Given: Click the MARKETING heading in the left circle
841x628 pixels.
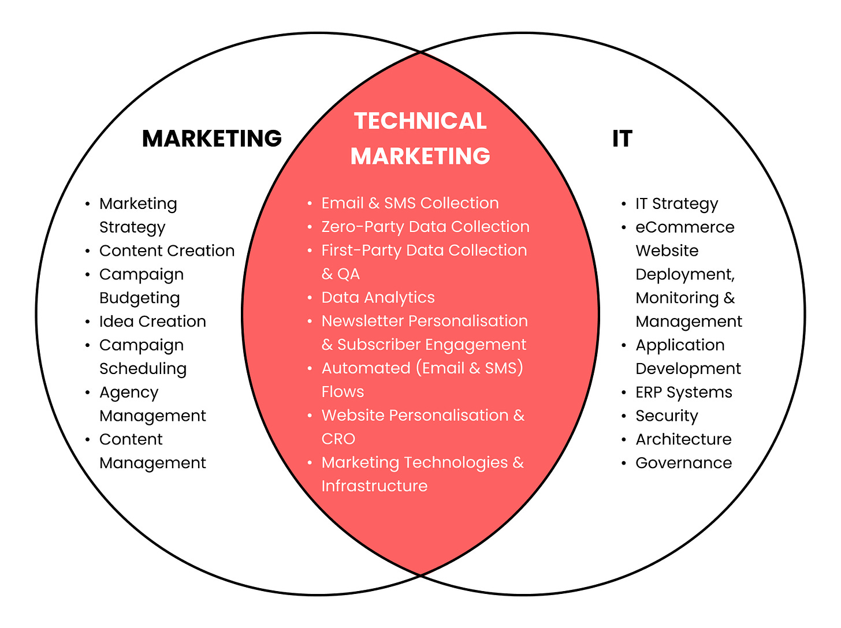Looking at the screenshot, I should click(212, 139).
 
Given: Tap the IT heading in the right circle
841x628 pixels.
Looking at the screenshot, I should click(622, 139).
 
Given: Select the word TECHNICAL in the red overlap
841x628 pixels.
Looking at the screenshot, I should click(420, 121).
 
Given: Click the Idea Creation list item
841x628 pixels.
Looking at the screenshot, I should click(152, 322).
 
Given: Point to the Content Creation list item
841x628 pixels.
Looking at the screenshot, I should click(167, 251).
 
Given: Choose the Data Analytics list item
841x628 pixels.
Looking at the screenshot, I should click(378, 297).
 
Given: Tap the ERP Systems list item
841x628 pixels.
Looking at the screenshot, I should click(683, 392).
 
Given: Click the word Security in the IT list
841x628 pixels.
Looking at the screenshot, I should click(667, 416).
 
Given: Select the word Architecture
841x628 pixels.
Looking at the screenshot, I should click(683, 439).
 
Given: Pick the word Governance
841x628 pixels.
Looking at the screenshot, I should click(683, 463).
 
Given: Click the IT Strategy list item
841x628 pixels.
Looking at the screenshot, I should click(676, 204).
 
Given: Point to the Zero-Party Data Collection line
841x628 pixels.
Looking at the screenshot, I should click(425, 227).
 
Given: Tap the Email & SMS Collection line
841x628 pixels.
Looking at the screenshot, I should click(410, 203).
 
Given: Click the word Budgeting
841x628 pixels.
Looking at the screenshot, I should click(140, 298).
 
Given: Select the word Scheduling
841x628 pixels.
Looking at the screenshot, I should click(143, 369).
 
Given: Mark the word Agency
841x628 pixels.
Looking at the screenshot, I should click(129, 392).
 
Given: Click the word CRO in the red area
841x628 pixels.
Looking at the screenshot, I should click(338, 439).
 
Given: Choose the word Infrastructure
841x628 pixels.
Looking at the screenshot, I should click(374, 486).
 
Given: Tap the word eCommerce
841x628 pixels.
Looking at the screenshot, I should click(684, 227).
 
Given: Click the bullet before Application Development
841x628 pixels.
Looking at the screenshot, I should click(624, 345).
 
